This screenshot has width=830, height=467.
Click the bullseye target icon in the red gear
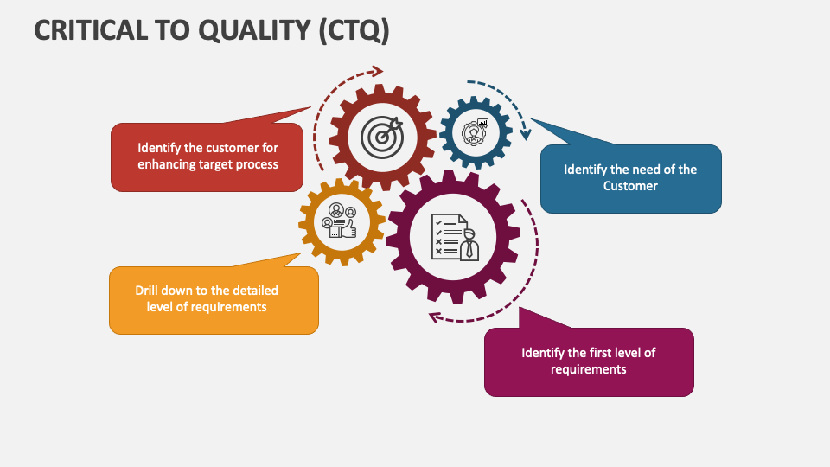pyautogui.click(x=381, y=136)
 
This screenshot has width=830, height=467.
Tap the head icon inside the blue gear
pyautogui.click(x=474, y=132)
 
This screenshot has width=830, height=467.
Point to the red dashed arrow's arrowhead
pyautogui.click(x=377, y=72)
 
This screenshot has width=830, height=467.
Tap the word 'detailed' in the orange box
pyautogui.click(x=255, y=291)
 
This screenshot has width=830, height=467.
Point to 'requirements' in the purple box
pyautogui.click(x=588, y=369)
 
